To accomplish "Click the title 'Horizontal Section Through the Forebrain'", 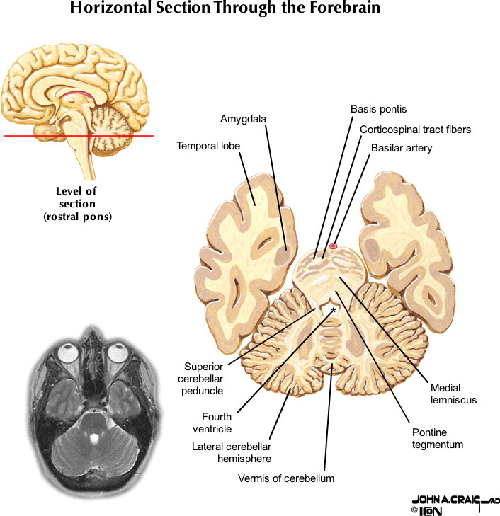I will point(225,9).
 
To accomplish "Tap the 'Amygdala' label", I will point(243,119).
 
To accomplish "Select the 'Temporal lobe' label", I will point(208,147).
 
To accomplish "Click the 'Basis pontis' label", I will point(379,109).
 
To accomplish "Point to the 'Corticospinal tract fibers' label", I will point(415,130).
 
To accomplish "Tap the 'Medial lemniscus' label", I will point(453,394).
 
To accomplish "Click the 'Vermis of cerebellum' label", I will point(286,478).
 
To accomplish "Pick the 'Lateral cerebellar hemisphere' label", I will point(232,452).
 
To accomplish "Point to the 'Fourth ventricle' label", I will point(217,423).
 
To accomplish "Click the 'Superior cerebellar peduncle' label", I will point(204,378).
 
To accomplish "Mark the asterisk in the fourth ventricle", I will point(333,311).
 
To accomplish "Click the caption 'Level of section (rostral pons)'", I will point(76,204).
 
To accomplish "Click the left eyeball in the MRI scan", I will point(69,352).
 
